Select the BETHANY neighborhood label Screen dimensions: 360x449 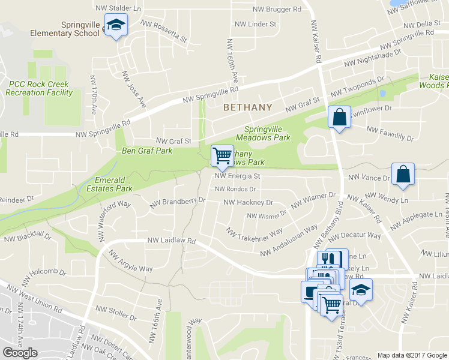coord(247,107)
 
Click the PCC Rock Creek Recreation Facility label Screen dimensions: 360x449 coord(39,89)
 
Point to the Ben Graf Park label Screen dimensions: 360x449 coord(147,151)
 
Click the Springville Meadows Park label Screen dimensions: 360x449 coord(267,133)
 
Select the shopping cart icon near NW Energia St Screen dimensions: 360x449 coord(222,156)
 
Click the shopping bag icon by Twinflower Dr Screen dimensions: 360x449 coord(339,117)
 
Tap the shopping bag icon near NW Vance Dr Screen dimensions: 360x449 coord(403,174)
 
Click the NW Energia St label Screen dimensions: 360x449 coord(238,177)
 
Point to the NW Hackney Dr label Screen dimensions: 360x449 coord(247,203)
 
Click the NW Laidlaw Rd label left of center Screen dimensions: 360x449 coord(172,241)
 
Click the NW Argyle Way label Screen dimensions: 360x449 coord(130,259)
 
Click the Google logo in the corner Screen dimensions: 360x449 coord(20,353)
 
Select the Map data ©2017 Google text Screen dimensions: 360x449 coord(412,355)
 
